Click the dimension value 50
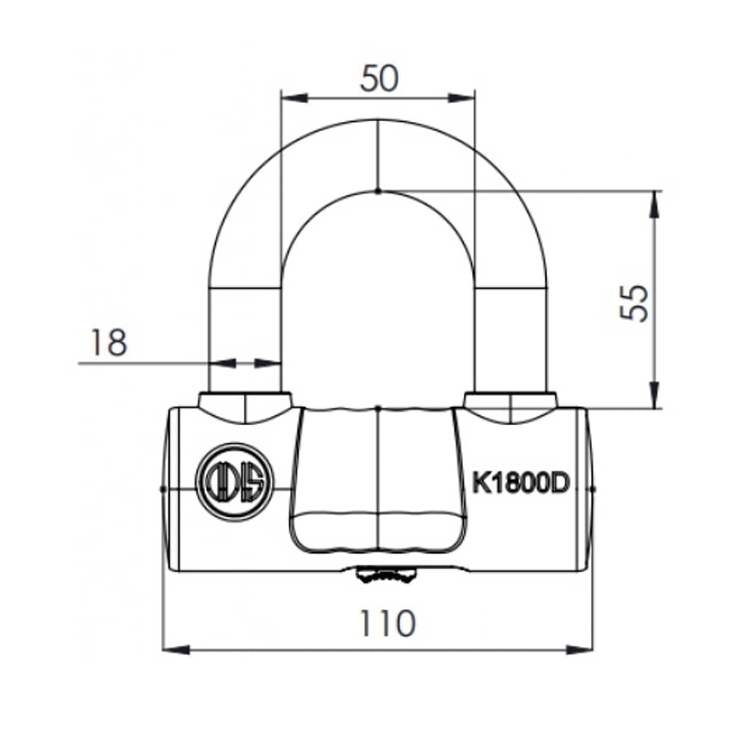coord(378,78)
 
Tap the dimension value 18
coord(109,343)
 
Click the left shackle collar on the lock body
coord(245,405)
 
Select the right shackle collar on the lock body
coord(510,405)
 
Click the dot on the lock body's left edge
coord(163,488)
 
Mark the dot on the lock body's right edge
coord(592,488)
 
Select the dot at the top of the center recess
coord(378,408)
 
